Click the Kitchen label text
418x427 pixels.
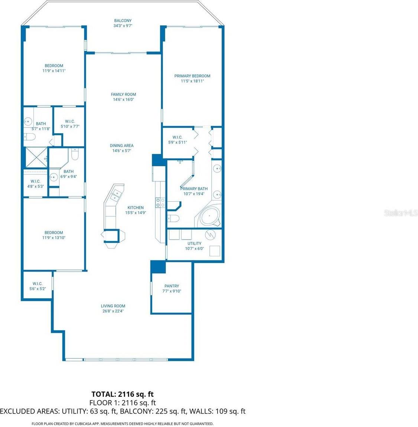(135, 208)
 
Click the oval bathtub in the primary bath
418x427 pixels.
(210, 216)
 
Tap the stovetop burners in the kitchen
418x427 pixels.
(160, 202)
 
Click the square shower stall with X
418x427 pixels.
(36, 158)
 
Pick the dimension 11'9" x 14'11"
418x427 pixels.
(54, 71)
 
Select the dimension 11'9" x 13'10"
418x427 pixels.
(54, 238)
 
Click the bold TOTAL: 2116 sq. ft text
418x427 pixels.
(123, 394)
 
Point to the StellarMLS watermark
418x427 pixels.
(401, 213)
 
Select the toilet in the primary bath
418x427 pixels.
(173, 218)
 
